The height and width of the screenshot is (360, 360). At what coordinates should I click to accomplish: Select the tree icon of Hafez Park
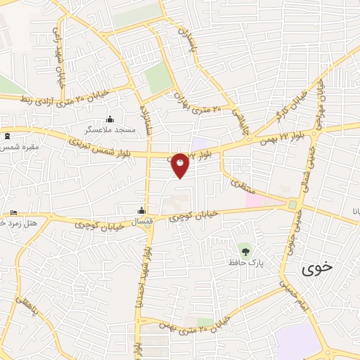(x=245, y=250)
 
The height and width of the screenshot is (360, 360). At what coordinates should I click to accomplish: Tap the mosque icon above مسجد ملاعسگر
(x=109, y=119)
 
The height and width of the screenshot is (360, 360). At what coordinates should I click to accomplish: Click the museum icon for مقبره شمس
(x=7, y=135)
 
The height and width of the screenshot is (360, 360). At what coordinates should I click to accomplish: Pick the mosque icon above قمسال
(x=141, y=210)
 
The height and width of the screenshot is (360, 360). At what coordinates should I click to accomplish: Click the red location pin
(x=181, y=166)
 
